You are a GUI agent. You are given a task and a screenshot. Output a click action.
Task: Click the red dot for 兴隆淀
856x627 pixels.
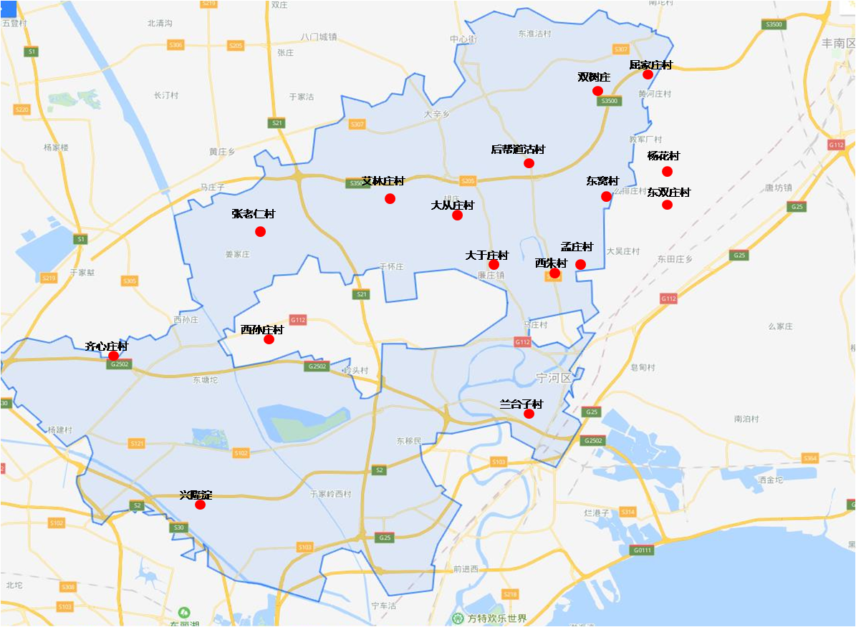pyautogui.click(x=200, y=505)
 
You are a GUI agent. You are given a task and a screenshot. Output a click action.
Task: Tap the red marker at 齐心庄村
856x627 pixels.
pyautogui.click(x=113, y=356)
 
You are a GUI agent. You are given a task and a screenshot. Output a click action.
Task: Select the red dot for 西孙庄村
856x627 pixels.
pyautogui.click(x=269, y=339)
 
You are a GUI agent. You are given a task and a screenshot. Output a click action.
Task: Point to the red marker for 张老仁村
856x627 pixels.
pyautogui.click(x=260, y=231)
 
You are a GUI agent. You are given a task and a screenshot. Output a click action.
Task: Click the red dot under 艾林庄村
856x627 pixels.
pyautogui.click(x=390, y=198)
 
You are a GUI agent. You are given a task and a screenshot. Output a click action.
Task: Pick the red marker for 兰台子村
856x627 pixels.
pyautogui.click(x=529, y=414)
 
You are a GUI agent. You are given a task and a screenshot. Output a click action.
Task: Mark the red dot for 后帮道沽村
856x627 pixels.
pyautogui.click(x=529, y=163)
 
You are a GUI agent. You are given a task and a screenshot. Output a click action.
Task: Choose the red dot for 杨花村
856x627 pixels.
pyautogui.click(x=667, y=171)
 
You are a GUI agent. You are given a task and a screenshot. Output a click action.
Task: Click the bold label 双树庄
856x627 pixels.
pyautogui.click(x=594, y=77)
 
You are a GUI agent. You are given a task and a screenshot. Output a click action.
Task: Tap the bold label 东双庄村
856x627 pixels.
pyautogui.click(x=668, y=193)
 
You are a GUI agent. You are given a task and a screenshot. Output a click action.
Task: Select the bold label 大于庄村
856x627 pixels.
pyautogui.click(x=486, y=256)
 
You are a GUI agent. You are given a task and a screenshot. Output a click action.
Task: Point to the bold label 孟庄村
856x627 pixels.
pyautogui.click(x=577, y=247)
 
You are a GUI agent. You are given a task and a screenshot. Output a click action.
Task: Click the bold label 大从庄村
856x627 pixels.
pyautogui.click(x=452, y=205)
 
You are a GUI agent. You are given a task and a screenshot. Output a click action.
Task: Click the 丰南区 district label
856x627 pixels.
pyautogui.click(x=838, y=43)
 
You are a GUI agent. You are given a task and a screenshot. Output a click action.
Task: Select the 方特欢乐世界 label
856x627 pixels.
pyautogui.click(x=497, y=618)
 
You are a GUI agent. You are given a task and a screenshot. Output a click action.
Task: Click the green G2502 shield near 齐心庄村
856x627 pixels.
pyautogui.click(x=119, y=364)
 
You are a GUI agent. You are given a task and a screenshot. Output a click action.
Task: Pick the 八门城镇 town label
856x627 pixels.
pyautogui.click(x=318, y=37)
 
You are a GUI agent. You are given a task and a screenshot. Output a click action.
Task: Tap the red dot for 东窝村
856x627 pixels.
pyautogui.click(x=606, y=196)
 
